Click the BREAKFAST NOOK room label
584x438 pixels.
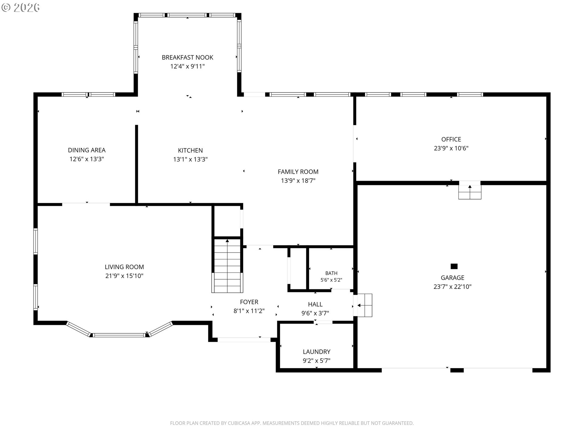coord(187,57)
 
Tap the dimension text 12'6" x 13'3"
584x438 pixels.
coord(87,159)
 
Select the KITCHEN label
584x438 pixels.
coord(190,150)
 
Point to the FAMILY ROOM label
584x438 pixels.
coord(298,172)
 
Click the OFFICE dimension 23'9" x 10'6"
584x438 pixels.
coord(451,148)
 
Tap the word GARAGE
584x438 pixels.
coord(453,278)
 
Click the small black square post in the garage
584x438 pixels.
coord(454,266)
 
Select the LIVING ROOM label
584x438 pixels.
coord(124,267)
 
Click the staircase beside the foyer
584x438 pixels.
coord(228,265)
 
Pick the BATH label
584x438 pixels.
coord(331,273)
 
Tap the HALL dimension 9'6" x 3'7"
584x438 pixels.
coord(315,313)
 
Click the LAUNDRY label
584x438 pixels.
coord(317,352)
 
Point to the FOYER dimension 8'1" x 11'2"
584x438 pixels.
coord(249,311)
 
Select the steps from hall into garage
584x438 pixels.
coord(365,305)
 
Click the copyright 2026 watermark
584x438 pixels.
coord(20,7)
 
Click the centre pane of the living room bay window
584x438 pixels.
coord(119,335)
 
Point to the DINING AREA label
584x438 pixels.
coord(87,150)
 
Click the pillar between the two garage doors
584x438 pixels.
coord(457,370)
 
